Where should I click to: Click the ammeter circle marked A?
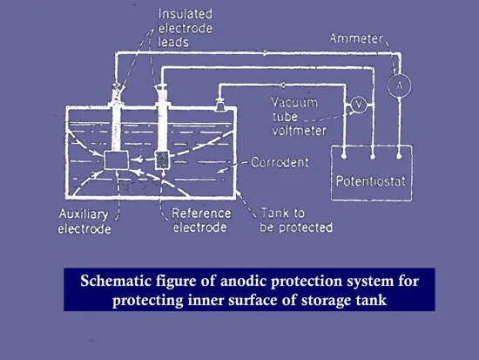(399, 85)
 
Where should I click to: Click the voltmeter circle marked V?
(359, 105)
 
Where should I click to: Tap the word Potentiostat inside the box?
(371, 181)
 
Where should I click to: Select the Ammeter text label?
(356, 39)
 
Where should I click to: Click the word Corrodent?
(280, 162)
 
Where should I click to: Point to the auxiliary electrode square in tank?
(117, 160)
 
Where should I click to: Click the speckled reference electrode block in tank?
(162, 160)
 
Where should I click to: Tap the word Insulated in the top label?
(186, 14)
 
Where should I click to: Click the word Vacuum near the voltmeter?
(294, 102)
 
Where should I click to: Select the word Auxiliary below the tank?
(84, 214)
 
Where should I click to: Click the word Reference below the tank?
(201, 214)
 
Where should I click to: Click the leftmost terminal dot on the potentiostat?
(344, 156)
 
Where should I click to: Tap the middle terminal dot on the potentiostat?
(373, 157)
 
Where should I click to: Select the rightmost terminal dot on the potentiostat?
(399, 156)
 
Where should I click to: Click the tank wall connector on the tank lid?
(219, 105)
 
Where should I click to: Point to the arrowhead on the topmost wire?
(266, 53)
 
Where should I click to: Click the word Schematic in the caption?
(116, 281)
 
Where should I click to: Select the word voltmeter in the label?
(299, 131)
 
